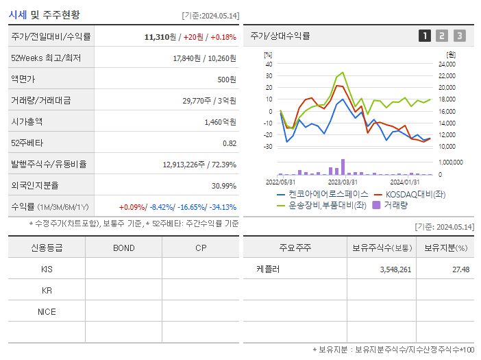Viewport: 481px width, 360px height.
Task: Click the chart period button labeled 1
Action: [425, 36]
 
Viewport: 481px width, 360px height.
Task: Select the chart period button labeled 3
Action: [459, 36]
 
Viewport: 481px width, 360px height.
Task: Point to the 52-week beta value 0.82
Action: [230, 143]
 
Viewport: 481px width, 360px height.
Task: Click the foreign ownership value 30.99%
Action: [223, 186]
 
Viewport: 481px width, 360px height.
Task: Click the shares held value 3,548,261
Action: [395, 269]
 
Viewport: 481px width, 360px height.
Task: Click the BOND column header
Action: [124, 248]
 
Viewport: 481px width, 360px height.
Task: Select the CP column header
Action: [201, 248]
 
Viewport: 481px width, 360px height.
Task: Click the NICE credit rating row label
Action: [47, 312]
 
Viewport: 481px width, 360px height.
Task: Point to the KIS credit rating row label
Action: [47, 269]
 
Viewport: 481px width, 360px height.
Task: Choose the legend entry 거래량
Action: [395, 204]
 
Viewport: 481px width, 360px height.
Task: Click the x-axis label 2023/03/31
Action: [343, 182]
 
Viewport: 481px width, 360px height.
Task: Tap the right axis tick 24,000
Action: [446, 64]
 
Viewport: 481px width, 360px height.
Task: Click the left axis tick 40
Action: [269, 64]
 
